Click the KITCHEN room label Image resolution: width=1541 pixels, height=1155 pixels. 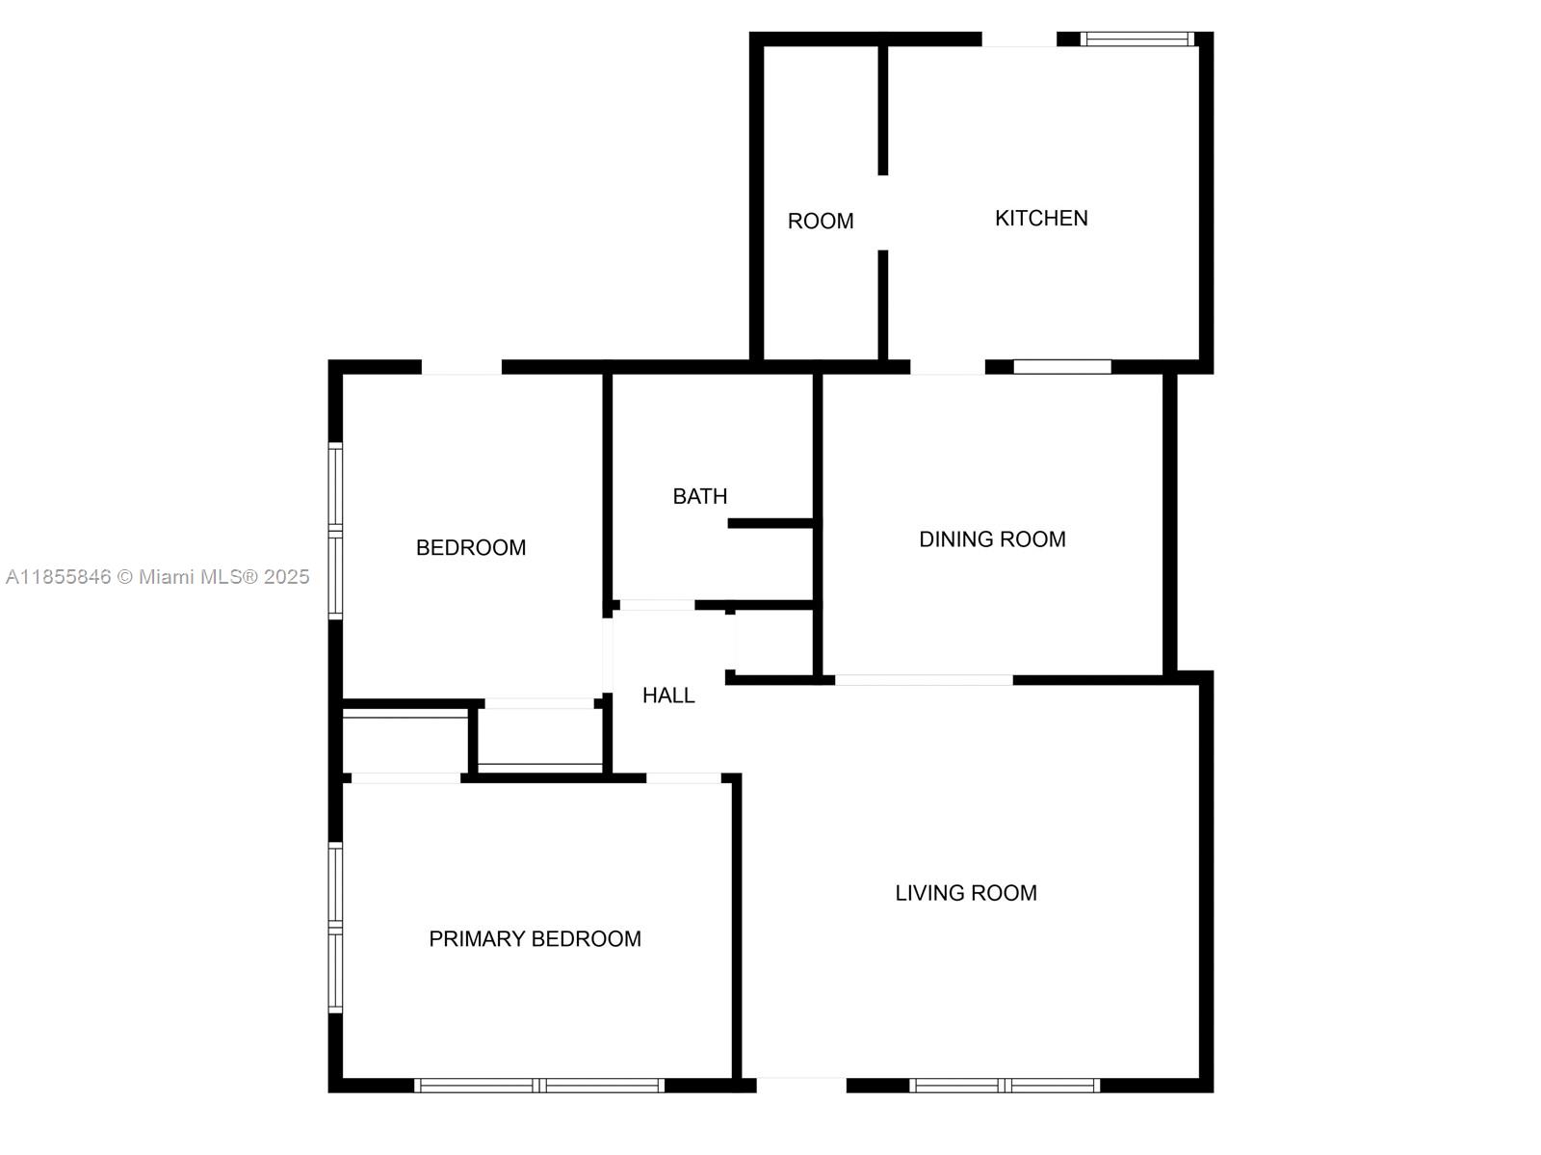click(1041, 219)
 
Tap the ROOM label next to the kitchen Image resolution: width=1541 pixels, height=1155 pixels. click(821, 222)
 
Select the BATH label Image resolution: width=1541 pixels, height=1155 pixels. click(699, 497)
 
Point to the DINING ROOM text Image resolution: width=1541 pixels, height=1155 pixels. click(992, 539)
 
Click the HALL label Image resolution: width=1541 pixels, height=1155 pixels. click(668, 696)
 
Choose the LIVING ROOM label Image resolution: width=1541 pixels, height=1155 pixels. click(966, 893)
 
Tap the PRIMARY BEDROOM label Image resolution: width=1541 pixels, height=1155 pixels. click(535, 939)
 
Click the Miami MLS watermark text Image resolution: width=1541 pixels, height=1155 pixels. click(158, 577)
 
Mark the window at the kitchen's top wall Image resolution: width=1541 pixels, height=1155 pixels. click(1137, 39)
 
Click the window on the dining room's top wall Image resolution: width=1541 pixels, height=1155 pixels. click(1062, 367)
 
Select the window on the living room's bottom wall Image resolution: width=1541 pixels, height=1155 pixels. click(1004, 1086)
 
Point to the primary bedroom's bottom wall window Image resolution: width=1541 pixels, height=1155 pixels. click(539, 1086)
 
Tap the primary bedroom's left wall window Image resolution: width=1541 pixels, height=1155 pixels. click(335, 927)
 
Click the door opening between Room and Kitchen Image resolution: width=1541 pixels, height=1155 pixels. click(882, 213)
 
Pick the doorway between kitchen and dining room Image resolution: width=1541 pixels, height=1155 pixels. click(948, 367)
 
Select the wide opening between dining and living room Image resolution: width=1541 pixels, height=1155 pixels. click(924, 680)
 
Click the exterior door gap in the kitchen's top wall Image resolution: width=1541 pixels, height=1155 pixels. click(1019, 39)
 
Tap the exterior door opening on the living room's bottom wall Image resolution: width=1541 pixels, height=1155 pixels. click(800, 1086)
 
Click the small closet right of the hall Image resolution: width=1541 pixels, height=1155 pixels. click(774, 643)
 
